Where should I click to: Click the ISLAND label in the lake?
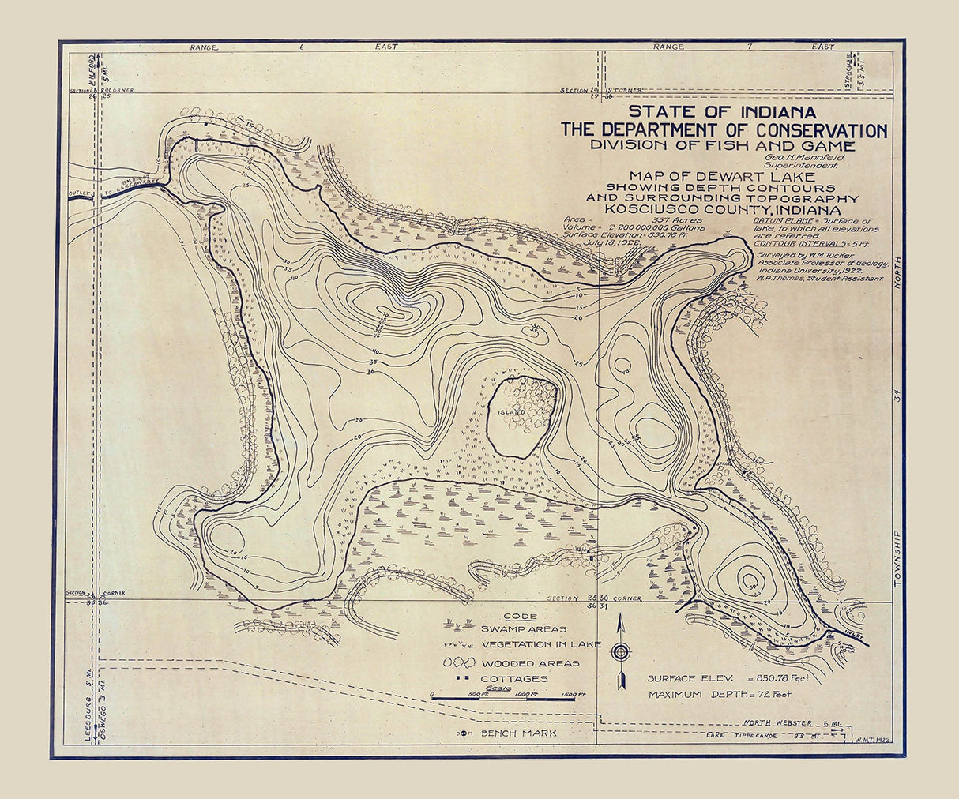tap(510, 412)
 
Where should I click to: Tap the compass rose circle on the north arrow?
tap(622, 652)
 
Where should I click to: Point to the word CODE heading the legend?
tap(519, 617)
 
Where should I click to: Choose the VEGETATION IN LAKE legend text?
tap(541, 644)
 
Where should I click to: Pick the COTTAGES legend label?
tap(514, 678)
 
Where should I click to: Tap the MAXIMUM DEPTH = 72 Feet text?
tap(719, 695)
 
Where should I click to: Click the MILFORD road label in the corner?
tap(92, 69)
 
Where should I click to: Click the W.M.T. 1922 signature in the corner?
tap(871, 740)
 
